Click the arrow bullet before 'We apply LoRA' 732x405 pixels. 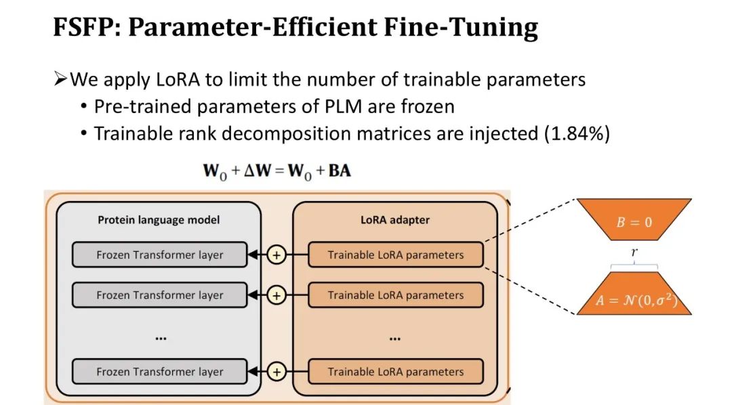pos(60,79)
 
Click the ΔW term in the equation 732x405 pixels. pos(268,171)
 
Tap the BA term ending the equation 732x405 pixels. pos(340,171)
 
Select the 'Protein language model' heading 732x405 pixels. pos(159,220)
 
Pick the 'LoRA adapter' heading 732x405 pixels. pos(395,220)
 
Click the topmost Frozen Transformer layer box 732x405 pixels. pos(159,255)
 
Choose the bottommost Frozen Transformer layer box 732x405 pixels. pos(159,371)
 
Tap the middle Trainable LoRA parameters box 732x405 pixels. pos(396,295)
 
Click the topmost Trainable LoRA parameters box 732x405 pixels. pos(396,255)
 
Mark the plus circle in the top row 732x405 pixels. pos(277,255)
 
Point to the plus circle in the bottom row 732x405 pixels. pos(277,371)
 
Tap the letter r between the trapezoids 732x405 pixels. pos(634,252)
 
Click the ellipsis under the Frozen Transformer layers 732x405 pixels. pos(160,337)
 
